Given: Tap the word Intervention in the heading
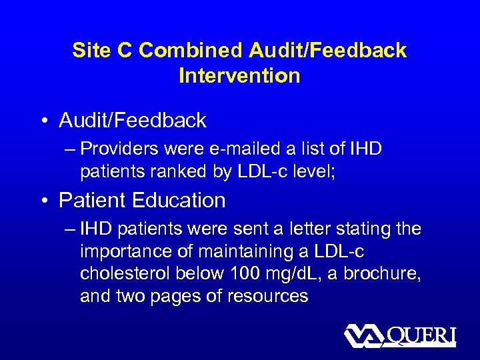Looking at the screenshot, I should click(239, 76).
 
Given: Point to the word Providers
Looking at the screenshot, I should click(125, 149).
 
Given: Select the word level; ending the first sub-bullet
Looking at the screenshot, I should click(312, 172).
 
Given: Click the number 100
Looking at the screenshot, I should click(243, 275).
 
